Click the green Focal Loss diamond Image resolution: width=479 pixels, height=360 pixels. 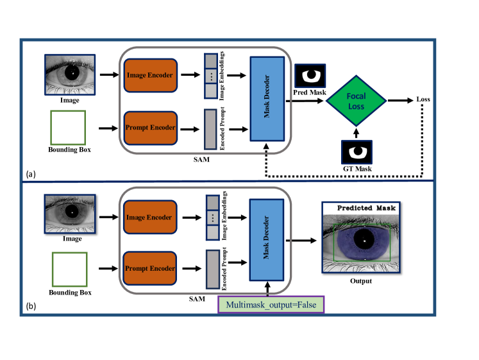pos(356,101)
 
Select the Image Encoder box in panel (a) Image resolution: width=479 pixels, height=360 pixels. pos(150,76)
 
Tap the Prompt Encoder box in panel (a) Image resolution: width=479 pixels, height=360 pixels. pos(150,128)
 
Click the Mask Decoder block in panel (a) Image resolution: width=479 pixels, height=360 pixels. pos(267,99)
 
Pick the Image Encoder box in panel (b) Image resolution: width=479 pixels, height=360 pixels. pos(150,218)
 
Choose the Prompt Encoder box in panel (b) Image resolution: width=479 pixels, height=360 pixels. pos(149,268)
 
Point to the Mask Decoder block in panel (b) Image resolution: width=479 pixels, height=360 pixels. pos(267,240)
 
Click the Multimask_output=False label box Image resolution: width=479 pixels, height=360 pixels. pos(271,304)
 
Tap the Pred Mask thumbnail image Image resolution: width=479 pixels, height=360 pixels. pos(310,76)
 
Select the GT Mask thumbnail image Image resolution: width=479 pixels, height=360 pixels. pos(357,152)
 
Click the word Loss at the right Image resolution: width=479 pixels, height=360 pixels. pos(423,99)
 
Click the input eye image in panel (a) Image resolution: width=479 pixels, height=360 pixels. pos(70,75)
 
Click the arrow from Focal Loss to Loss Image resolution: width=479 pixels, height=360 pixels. pos(401,100)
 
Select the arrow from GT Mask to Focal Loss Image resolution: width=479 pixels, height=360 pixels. pos(356,133)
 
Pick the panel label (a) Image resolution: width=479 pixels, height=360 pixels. pos(31,174)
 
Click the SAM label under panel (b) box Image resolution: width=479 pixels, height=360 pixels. pos(197,299)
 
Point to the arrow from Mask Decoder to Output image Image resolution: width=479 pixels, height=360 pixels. pos(301,241)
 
